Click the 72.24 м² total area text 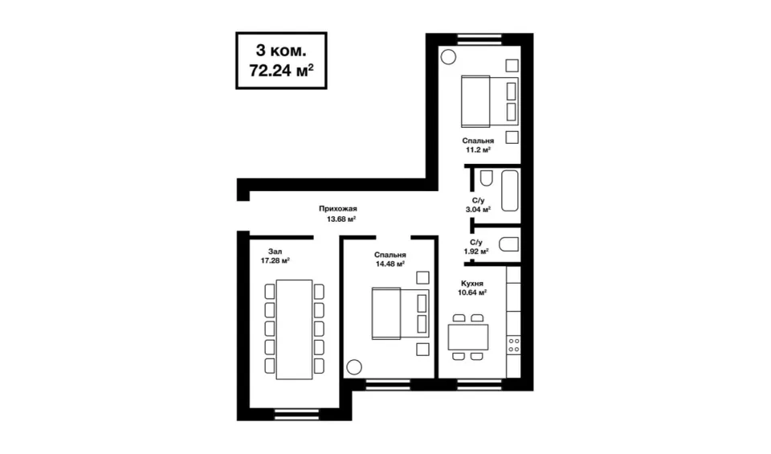281,71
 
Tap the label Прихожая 338,209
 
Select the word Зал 275,252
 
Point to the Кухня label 472,284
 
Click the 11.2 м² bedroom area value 478,149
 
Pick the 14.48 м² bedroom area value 390,264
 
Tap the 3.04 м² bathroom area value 478,210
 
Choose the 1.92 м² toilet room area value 476,252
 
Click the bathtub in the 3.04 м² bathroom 510,191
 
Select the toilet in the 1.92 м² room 509,244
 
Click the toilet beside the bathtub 487,178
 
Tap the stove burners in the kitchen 513,345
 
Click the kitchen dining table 467,337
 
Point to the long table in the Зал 294,329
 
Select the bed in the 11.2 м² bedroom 490,101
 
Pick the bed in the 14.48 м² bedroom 400,314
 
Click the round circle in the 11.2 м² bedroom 448,57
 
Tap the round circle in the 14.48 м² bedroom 354,367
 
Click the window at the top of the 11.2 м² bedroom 479,39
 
